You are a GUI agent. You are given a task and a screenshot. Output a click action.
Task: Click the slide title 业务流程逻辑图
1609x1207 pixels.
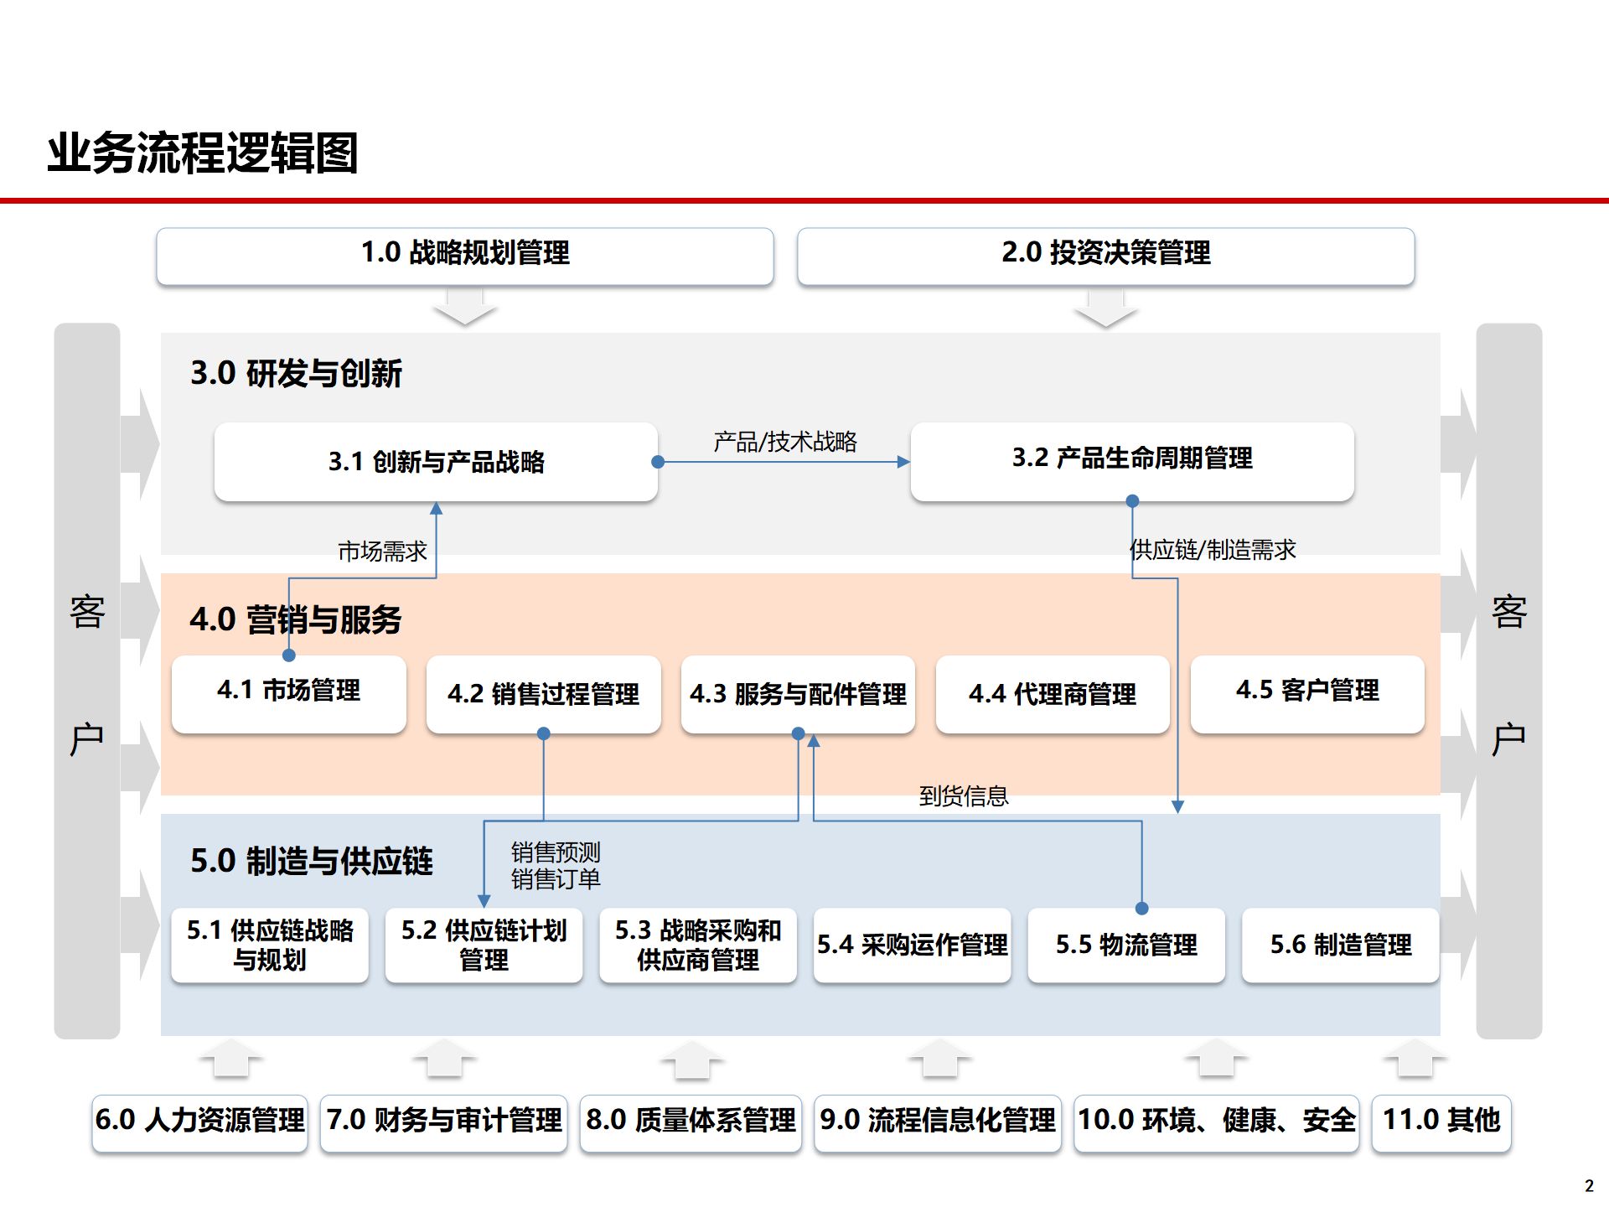(x=203, y=153)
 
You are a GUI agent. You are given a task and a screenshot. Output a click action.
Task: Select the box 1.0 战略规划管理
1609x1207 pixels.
(x=465, y=253)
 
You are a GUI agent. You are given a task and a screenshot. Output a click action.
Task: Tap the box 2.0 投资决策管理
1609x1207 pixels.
(x=1105, y=253)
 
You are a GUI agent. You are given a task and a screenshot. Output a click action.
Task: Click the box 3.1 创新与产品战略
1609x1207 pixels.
(x=436, y=462)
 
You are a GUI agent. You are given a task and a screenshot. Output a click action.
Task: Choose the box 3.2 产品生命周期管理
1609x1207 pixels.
(x=1131, y=458)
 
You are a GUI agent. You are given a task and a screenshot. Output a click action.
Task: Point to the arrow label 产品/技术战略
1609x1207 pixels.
(x=784, y=442)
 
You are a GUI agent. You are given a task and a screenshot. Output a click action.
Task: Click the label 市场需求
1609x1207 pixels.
(x=382, y=552)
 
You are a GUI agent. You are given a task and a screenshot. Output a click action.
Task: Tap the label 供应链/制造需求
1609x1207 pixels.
(x=1212, y=550)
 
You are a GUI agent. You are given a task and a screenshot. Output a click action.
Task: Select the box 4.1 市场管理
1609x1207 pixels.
(x=288, y=692)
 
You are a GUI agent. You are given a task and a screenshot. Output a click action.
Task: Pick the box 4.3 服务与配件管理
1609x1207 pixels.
(x=798, y=694)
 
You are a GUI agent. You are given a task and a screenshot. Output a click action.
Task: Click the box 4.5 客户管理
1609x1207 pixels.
(x=1306, y=692)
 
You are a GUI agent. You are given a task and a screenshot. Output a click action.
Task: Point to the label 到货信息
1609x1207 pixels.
(x=963, y=796)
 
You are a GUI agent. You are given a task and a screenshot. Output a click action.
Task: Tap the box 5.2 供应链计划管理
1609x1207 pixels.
(x=484, y=945)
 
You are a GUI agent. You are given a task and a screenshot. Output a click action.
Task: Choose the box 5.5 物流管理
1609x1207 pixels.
(x=1126, y=945)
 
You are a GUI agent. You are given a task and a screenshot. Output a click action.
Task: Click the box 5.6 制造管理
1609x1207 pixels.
(x=1340, y=945)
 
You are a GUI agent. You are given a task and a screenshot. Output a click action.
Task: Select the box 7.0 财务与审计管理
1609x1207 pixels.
(x=444, y=1121)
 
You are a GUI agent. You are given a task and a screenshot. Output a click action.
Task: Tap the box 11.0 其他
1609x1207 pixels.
(x=1441, y=1121)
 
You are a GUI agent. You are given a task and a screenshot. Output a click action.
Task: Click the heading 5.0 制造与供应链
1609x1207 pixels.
(x=311, y=862)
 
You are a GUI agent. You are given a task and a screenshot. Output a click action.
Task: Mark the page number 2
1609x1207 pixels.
(x=1589, y=1186)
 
